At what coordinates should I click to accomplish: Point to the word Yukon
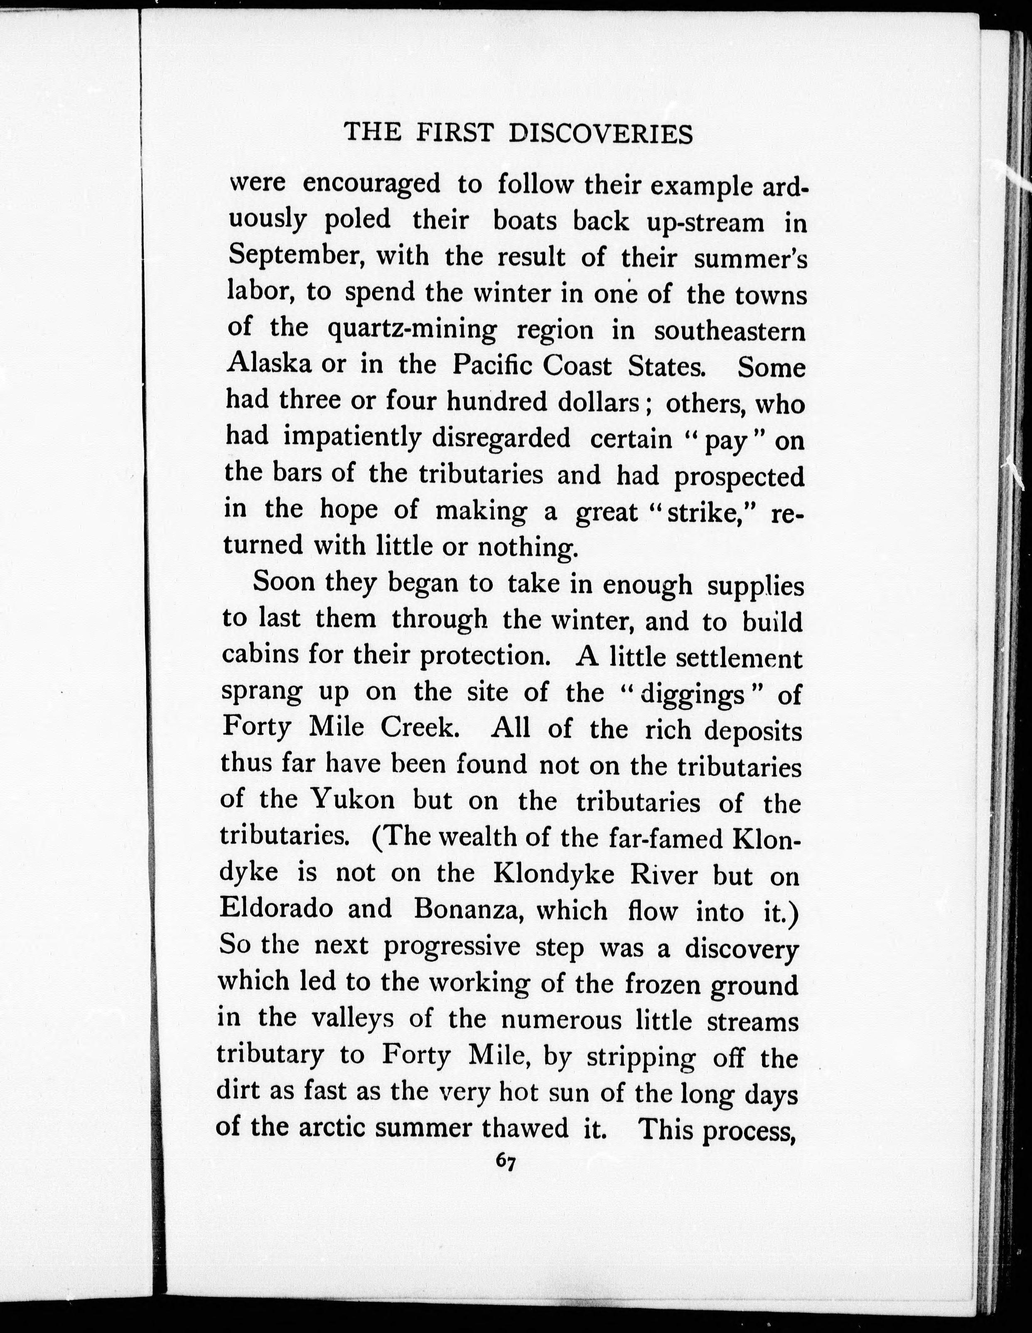pyautogui.click(x=352, y=799)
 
